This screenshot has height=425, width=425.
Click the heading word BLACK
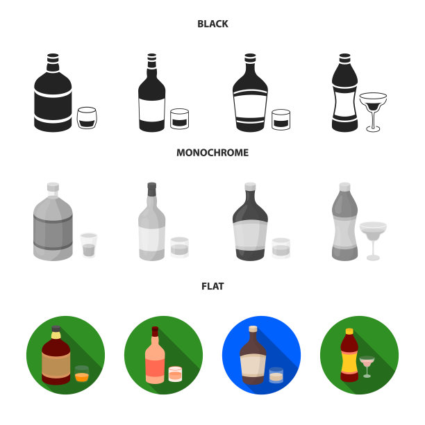point(212,24)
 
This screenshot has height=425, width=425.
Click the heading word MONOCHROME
point(212,153)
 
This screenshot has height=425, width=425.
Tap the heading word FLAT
point(212,286)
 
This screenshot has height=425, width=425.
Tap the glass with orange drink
point(81,374)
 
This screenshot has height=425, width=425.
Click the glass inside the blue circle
point(276,376)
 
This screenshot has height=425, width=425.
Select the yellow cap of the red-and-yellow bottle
point(349,331)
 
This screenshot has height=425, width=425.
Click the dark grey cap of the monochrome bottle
point(152,189)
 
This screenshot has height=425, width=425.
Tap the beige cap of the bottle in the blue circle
point(253,328)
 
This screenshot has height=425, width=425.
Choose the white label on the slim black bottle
point(152,110)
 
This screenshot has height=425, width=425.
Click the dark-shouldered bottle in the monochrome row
point(250,222)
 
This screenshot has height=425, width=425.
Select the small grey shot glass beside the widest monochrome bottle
point(89,245)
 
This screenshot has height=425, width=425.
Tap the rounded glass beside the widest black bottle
point(87,118)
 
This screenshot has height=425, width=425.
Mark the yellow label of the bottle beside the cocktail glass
point(349,362)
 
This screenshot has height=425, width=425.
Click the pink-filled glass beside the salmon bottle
point(175,374)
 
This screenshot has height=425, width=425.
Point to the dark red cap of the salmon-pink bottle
point(155,331)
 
